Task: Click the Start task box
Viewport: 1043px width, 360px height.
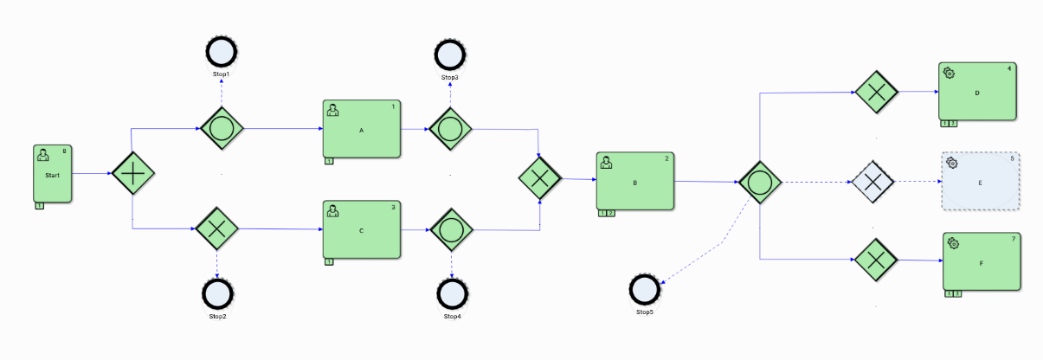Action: [x=53, y=173]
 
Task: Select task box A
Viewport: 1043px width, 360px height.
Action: [x=362, y=129]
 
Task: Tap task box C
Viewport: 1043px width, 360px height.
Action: [x=362, y=229]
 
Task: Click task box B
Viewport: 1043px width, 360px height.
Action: [x=634, y=181]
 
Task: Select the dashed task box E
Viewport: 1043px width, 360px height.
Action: [x=980, y=182]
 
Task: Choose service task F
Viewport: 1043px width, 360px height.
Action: [x=982, y=260]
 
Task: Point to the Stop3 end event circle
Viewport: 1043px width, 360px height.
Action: [x=450, y=55]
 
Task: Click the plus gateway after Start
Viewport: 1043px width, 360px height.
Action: [x=133, y=174]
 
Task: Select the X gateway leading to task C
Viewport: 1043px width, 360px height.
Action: [x=216, y=228]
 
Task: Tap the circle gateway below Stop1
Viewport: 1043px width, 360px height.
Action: [x=222, y=129]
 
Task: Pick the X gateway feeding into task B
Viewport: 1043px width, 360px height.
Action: [x=540, y=178]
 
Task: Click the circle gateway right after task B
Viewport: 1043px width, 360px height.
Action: [x=760, y=183]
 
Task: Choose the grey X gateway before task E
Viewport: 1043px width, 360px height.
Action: [x=873, y=181]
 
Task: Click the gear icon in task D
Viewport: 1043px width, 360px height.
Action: [x=950, y=73]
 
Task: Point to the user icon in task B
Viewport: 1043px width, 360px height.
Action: [x=607, y=162]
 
